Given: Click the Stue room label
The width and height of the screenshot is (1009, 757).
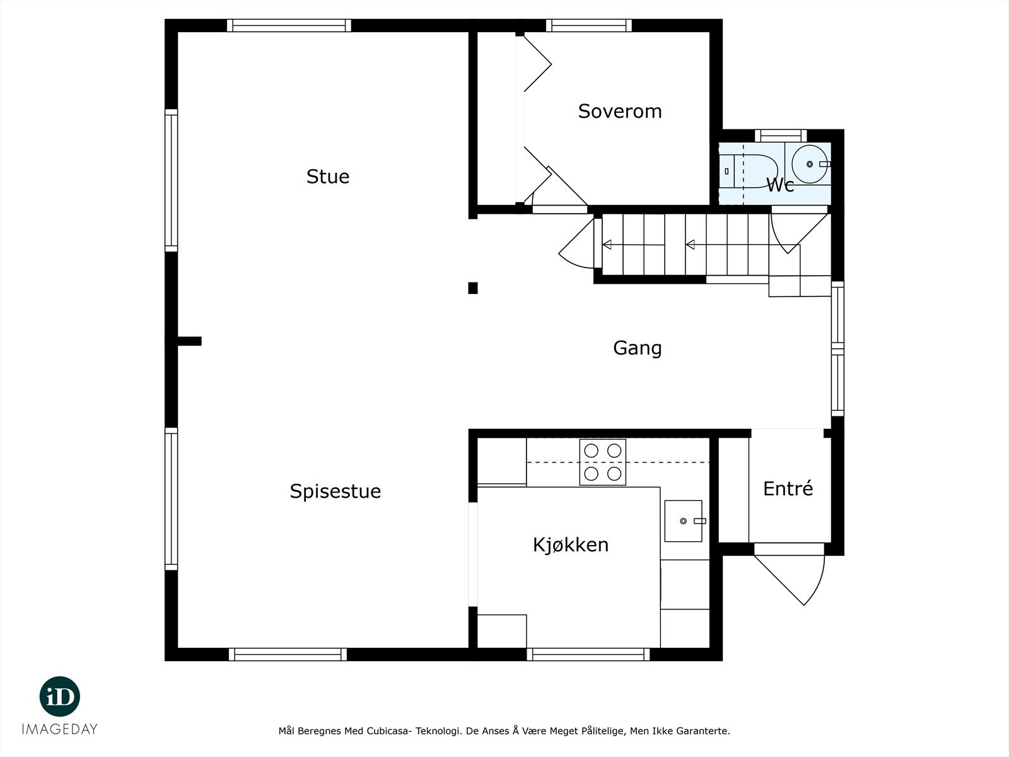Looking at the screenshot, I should [327, 176].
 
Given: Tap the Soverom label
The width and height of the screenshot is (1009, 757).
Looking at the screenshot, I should [619, 111].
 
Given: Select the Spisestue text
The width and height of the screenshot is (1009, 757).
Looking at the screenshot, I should [335, 491].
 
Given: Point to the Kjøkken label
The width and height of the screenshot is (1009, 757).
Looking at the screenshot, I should [571, 544].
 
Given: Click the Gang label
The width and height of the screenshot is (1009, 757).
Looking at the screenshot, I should [637, 348].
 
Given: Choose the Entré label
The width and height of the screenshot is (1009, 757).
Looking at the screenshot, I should [788, 488].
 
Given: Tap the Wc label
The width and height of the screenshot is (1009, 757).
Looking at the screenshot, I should [779, 185].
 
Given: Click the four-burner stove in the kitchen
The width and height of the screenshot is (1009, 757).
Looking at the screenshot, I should [603, 462].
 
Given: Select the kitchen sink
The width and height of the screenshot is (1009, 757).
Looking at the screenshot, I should [683, 520].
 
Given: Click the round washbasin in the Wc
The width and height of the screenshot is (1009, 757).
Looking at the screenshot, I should [810, 164].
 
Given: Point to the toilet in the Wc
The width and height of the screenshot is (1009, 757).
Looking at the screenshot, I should [750, 170].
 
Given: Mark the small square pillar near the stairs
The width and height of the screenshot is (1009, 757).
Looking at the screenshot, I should [472, 288].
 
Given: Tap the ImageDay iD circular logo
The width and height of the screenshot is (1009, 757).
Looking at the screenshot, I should [60, 696].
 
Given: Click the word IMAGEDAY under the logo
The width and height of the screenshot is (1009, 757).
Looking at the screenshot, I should [60, 729].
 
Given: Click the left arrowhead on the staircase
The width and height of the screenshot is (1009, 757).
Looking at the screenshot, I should [607, 245].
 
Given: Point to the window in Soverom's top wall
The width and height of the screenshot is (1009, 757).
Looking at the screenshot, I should [588, 25].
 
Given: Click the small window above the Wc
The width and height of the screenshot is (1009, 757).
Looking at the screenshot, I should [781, 135].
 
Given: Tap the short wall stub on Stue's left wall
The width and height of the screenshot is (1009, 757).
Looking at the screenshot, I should [189, 341].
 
